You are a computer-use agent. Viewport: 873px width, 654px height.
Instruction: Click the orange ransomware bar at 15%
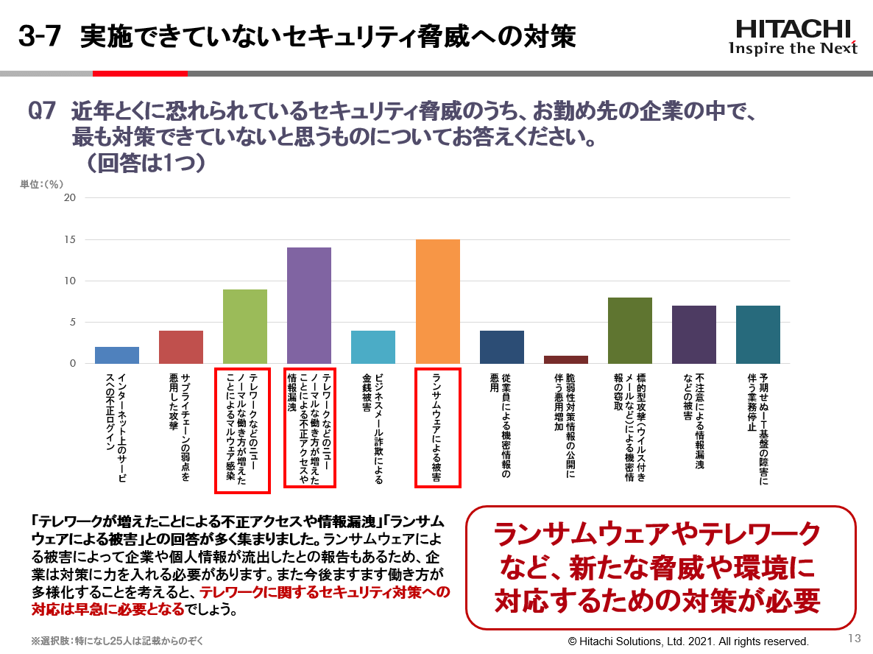point(438,301)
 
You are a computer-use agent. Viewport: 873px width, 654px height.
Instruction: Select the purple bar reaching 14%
point(309,306)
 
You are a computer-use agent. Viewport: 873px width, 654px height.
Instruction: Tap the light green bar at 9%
point(244,326)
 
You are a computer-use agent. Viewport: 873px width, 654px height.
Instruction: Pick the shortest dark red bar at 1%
point(566,359)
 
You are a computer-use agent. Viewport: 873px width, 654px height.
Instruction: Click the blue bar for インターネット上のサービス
point(117,355)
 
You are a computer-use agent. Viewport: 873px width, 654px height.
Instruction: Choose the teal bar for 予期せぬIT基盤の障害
point(758,334)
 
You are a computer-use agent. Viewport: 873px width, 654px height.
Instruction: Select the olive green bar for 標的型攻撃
point(630,331)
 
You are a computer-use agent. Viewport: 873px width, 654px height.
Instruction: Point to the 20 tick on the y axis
point(70,197)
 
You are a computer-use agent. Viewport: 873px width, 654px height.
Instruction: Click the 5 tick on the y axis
point(73,322)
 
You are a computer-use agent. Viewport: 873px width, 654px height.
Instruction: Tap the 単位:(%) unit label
point(42,184)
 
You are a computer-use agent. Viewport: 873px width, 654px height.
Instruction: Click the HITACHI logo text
point(793,29)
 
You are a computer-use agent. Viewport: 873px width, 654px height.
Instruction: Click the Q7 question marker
point(42,112)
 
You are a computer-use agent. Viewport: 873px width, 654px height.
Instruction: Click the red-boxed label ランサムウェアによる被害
point(438,427)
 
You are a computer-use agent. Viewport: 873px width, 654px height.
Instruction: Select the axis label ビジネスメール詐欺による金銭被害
point(372,427)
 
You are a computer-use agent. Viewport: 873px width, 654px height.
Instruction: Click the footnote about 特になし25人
point(117,641)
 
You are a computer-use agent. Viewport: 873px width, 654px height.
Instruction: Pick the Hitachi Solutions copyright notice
point(688,641)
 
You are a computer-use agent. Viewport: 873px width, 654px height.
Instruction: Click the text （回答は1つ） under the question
point(145,162)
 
